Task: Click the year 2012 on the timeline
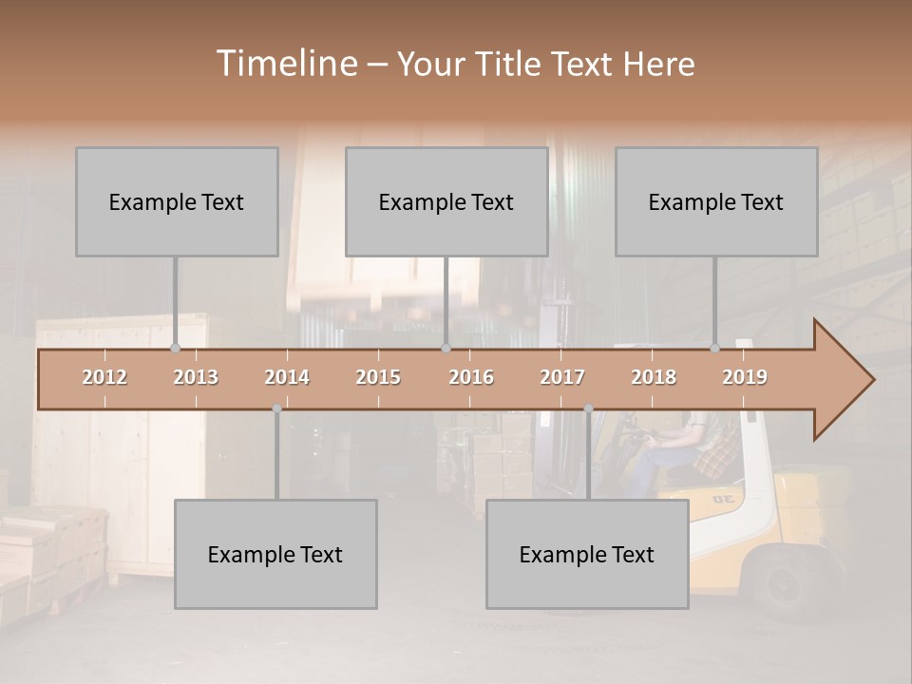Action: (x=104, y=377)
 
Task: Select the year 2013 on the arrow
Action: (x=196, y=377)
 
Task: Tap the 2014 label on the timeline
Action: (x=287, y=377)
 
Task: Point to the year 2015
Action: (x=378, y=377)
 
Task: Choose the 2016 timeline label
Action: (x=471, y=377)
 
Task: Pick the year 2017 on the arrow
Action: (x=562, y=377)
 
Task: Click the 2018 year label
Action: (x=654, y=377)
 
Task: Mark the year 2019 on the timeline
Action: (x=745, y=377)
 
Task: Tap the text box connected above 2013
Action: (x=177, y=201)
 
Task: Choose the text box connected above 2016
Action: (x=446, y=201)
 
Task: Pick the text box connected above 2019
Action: (x=716, y=201)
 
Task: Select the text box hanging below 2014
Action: (x=275, y=554)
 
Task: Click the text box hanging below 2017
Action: (x=587, y=554)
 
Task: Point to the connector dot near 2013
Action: (x=175, y=349)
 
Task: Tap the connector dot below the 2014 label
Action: (x=276, y=408)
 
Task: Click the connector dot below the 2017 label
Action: (x=588, y=408)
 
